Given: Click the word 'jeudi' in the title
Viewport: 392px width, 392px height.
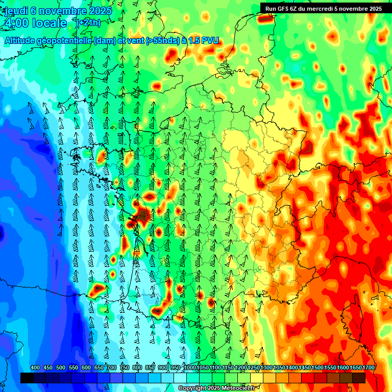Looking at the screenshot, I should (15, 11).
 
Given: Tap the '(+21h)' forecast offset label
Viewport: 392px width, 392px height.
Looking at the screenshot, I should (88, 23).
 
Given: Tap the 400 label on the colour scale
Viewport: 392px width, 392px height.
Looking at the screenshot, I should (35, 367).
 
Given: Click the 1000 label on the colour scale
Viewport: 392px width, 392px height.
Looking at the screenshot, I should (190, 367).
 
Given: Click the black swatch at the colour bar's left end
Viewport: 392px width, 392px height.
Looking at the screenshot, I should (27, 378).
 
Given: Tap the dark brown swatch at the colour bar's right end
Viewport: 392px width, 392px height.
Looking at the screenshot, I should (358, 378).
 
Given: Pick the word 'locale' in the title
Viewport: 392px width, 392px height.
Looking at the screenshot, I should (49, 23).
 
